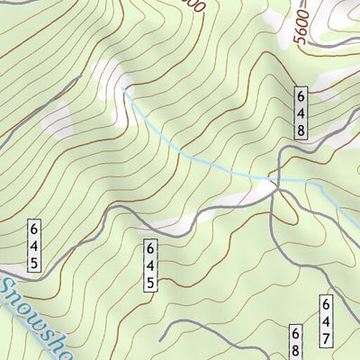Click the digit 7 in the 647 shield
coord(326,338)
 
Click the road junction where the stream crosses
coord(276,183)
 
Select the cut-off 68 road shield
coord(294,345)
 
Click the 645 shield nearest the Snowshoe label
coord(33,244)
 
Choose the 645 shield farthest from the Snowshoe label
coord(150,265)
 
